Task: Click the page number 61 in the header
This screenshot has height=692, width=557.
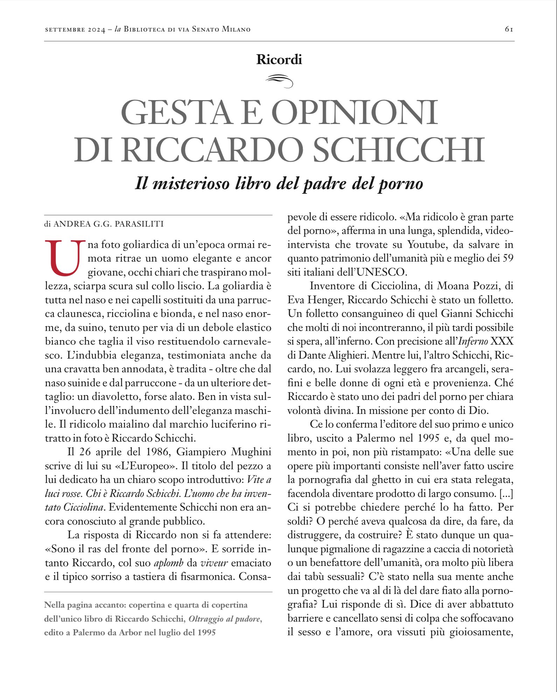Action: (x=509, y=29)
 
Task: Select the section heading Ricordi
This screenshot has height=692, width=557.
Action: (x=279, y=60)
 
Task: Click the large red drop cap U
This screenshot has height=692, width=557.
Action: (x=65, y=258)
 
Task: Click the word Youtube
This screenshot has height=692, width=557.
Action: (x=426, y=244)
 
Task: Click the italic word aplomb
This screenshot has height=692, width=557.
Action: (x=168, y=563)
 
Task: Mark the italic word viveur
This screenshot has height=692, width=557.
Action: (x=214, y=563)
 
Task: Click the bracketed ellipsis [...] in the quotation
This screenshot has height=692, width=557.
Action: (x=506, y=494)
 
